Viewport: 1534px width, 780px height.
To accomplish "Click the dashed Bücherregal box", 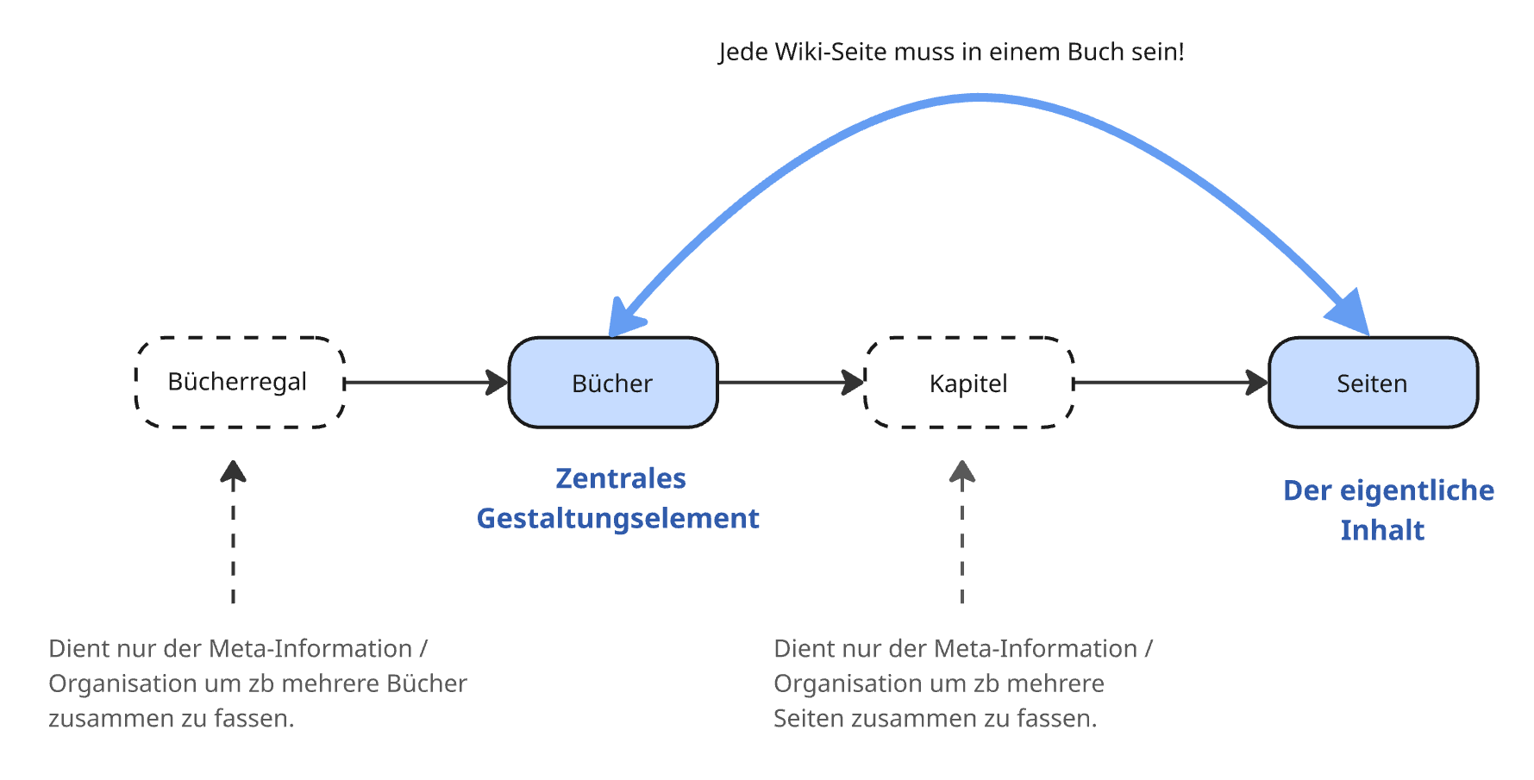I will point(239,382).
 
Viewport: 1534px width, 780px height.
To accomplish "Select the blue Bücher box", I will point(612,383).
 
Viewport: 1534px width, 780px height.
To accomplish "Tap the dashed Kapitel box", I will point(968,383).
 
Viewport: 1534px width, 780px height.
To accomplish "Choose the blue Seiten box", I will point(1372,383).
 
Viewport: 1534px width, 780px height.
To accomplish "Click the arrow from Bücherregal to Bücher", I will point(423,382).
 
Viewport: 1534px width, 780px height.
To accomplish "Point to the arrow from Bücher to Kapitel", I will point(789,382).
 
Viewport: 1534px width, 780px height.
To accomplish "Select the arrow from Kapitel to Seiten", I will point(1168,382).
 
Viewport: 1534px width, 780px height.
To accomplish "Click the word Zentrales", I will point(620,478).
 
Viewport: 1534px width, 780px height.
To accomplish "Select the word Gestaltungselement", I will point(617,518).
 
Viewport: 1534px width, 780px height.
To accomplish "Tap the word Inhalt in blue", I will point(1381,530).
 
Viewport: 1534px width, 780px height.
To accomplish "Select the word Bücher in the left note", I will point(426,683).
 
